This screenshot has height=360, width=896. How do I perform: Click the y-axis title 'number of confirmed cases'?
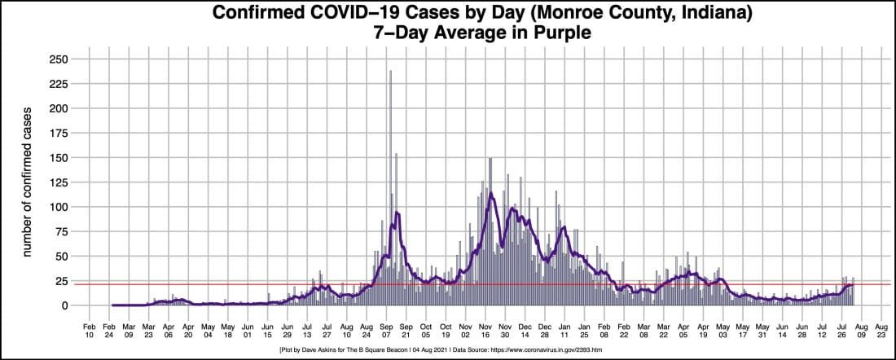coord(26,182)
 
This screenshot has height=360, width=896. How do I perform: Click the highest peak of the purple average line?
coord(490,192)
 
